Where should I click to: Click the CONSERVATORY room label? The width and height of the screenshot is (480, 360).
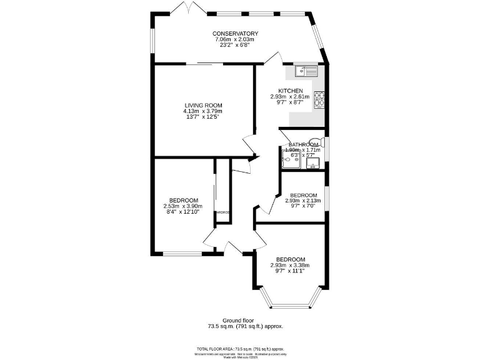coord(235,34)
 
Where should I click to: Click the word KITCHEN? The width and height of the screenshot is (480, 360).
coord(290,91)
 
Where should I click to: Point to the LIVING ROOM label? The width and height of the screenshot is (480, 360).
coord(202,105)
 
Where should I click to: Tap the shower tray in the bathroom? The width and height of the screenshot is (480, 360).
coord(291,161)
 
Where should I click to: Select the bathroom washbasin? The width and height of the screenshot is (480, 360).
coord(313,164)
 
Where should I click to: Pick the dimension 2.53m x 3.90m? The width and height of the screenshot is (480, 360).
coord(183,206)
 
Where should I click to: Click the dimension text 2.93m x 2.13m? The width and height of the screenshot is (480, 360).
coord(302,201)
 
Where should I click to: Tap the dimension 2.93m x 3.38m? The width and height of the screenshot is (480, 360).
coord(290,266)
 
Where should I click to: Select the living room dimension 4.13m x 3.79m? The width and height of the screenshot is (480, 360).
coord(202,111)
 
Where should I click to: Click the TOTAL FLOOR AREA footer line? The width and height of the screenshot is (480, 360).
coord(240,348)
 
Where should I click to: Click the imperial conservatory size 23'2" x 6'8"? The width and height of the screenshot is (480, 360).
coord(235,46)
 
